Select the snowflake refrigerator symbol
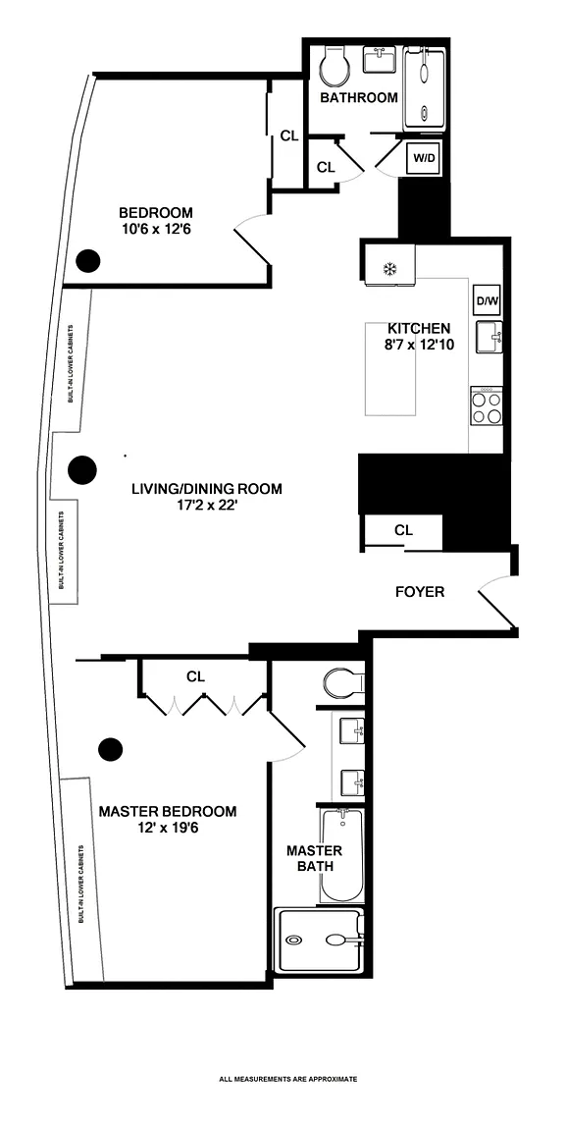tap(389, 270)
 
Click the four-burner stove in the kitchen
tap(487, 406)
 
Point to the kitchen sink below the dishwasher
tap(489, 337)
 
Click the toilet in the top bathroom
tap(335, 66)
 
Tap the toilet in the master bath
tap(344, 681)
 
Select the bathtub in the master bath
tap(340, 855)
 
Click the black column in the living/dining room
tap(82, 470)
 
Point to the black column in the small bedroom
tap(89, 259)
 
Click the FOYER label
tap(420, 592)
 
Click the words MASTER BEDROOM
tap(167, 812)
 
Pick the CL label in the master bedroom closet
tap(196, 676)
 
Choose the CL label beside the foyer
tap(403, 530)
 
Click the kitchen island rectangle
tap(391, 368)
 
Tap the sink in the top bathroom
tap(378, 61)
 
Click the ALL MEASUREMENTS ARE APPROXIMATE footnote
tap(288, 1080)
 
